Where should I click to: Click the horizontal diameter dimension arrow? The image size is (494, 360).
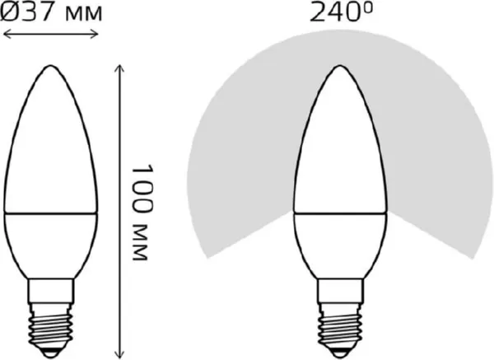[51, 34]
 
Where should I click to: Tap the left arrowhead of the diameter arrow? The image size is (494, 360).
[6, 34]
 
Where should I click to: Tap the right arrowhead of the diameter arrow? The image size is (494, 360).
[96, 34]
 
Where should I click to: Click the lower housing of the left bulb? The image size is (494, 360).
[52, 243]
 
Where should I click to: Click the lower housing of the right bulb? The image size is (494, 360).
[337, 243]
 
